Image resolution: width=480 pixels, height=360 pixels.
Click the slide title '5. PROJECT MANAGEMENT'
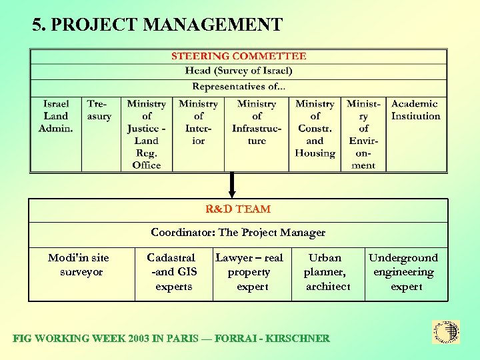pos(157,25)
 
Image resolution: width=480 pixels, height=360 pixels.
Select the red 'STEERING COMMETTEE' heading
pos(239,57)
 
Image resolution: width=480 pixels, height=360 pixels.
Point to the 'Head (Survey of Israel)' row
pos(239,71)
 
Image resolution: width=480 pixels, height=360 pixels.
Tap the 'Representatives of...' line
pos(239,87)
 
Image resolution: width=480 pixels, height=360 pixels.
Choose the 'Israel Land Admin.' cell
pos(56,116)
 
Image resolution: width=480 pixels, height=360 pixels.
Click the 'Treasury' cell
pos(99,110)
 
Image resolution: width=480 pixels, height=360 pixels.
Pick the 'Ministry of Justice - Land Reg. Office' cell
pos(147,134)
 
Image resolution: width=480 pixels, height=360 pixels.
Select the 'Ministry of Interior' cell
pos(199,122)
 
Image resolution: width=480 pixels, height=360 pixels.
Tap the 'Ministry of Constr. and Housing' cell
pos(315,128)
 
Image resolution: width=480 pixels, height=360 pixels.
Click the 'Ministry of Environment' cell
pos(364,134)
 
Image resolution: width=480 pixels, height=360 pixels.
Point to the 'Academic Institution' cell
pos(415,110)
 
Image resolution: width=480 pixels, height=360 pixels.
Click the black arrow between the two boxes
pos(232,185)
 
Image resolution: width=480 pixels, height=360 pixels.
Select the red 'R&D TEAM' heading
pos(238,209)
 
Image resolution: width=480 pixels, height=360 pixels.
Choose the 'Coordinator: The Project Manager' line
pos(238,233)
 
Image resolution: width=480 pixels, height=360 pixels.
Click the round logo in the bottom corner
pos(446,331)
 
